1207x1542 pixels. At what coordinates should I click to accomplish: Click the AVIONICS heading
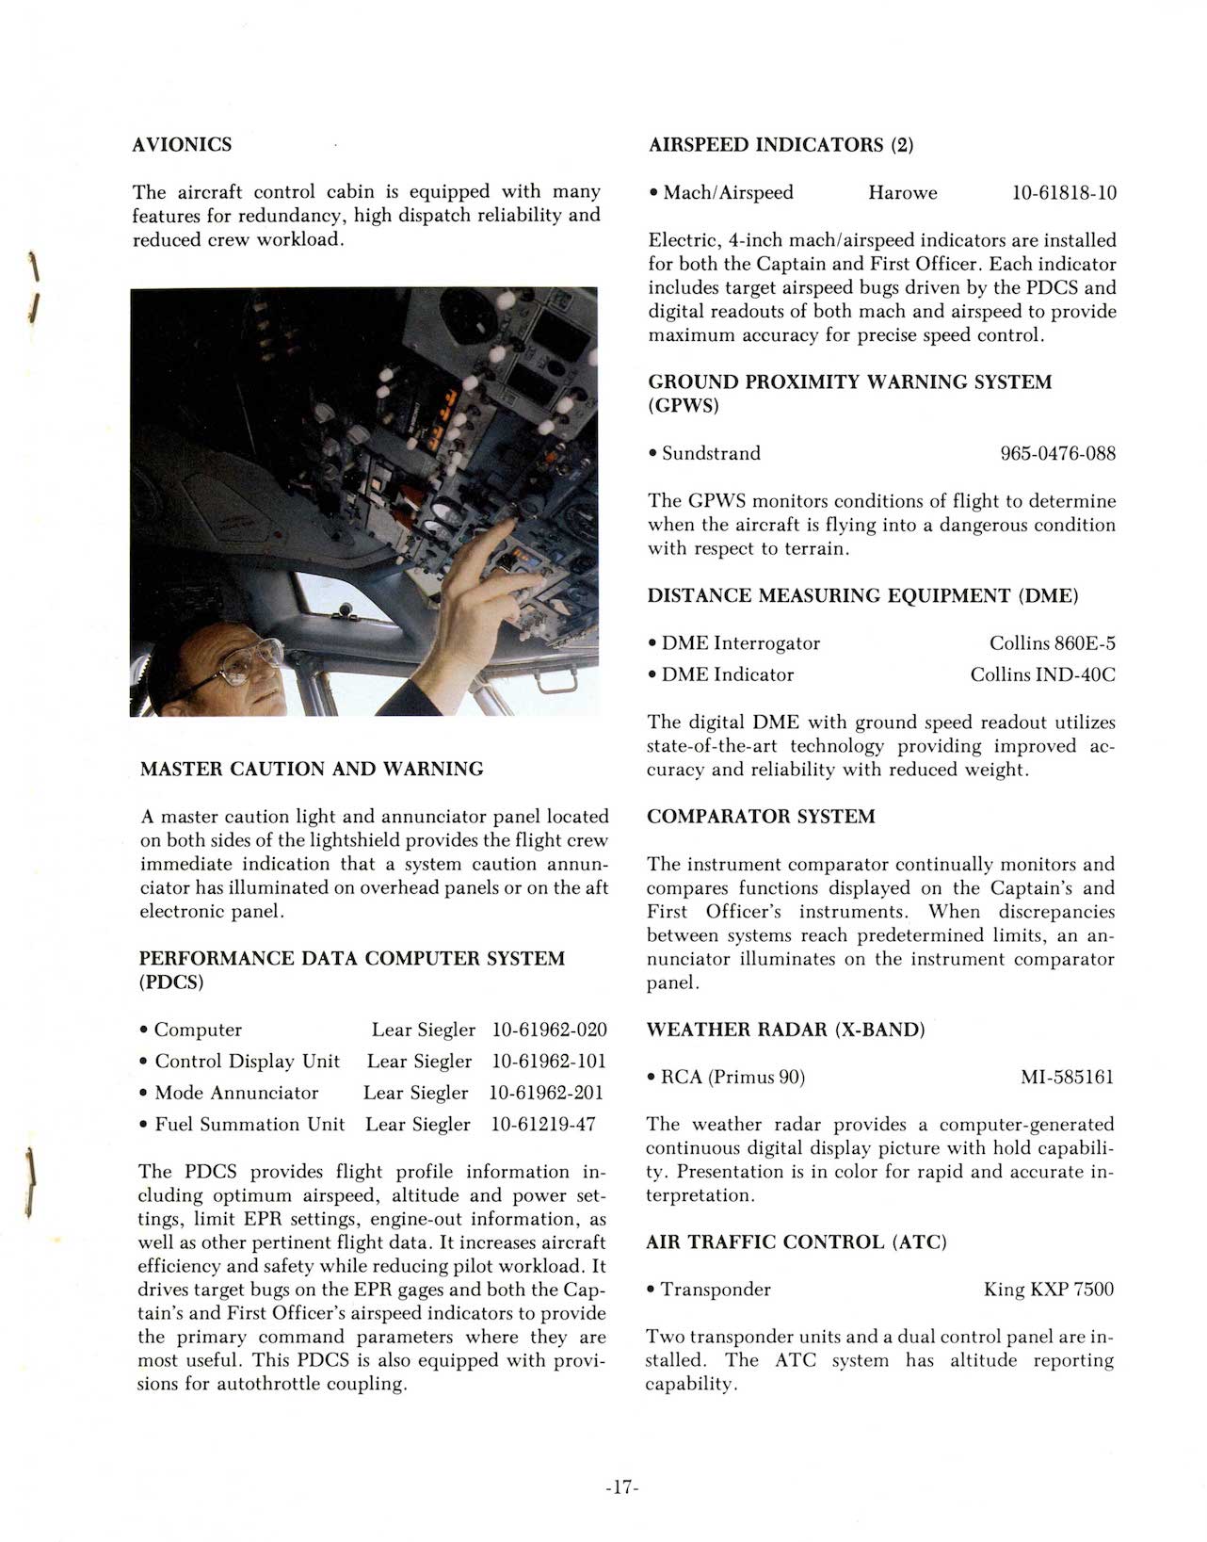point(182,144)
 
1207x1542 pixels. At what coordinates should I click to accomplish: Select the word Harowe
point(902,193)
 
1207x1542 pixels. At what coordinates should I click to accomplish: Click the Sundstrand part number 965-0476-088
point(1057,454)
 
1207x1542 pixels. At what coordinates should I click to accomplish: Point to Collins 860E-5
point(1052,643)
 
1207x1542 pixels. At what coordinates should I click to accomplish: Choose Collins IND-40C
point(1042,674)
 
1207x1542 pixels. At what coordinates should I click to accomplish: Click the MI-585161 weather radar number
point(1067,1077)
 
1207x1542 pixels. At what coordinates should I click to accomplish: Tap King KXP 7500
point(1048,1290)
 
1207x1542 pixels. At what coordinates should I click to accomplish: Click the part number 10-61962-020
point(549,1030)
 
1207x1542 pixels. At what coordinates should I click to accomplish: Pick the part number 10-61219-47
point(543,1124)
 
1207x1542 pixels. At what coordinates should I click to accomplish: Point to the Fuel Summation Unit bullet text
point(249,1124)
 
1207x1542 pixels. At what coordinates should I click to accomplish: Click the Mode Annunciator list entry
point(236,1093)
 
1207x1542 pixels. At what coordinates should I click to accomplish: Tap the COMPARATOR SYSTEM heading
point(761,817)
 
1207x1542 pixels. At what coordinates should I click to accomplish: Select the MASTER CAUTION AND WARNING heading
point(312,769)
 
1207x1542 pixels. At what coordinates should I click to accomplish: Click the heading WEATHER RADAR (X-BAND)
point(786,1030)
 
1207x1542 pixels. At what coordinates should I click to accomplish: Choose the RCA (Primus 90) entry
point(732,1077)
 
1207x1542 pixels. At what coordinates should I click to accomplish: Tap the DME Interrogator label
point(740,643)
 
